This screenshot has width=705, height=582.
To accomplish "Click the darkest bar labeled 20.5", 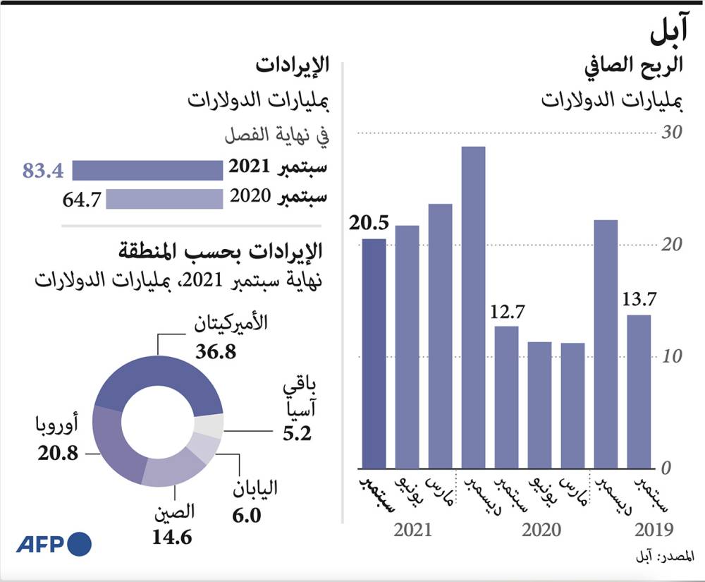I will pyautogui.click(x=374, y=353).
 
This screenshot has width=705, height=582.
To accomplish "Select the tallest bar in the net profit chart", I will pyautogui.click(x=474, y=307).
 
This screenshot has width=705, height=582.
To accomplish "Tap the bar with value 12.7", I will pyautogui.click(x=506, y=396).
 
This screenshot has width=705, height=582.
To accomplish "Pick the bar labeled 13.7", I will pyautogui.click(x=639, y=391).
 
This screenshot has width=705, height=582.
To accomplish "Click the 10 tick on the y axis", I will pyautogui.click(x=673, y=357).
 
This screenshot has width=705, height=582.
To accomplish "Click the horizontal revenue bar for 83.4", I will pyautogui.click(x=147, y=170).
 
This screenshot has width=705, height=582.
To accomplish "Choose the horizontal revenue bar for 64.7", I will pyautogui.click(x=164, y=199).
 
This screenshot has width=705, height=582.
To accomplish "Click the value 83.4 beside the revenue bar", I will pyautogui.click(x=43, y=171).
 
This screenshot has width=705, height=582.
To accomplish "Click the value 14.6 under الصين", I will pyautogui.click(x=173, y=537).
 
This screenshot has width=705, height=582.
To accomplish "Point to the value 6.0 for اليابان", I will pyautogui.click(x=247, y=516).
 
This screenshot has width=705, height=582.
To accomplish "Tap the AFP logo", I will pyautogui.click(x=54, y=544).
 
